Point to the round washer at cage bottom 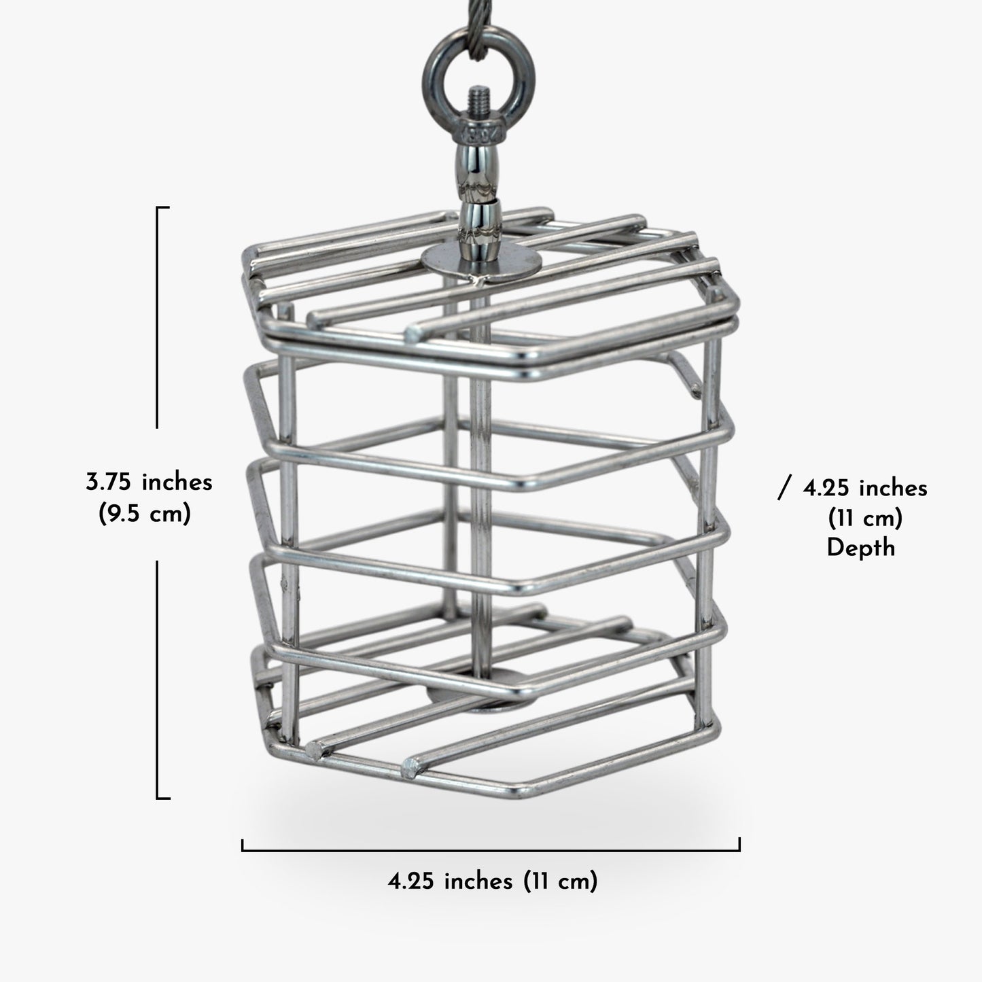click(481, 697)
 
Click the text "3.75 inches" click(149, 482)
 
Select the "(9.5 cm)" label click(145, 514)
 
